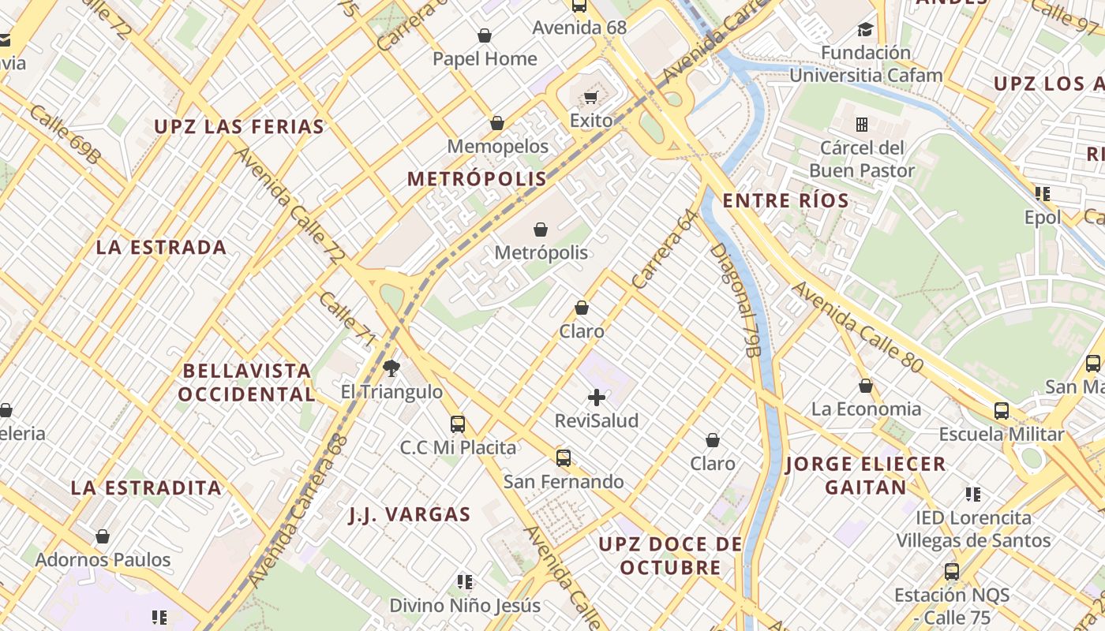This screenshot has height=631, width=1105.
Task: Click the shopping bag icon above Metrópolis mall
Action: tap(541, 230)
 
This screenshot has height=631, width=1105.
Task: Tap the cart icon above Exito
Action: tap(590, 98)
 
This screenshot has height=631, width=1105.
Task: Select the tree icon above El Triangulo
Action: tap(391, 368)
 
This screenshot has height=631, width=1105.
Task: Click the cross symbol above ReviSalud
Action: tap(597, 398)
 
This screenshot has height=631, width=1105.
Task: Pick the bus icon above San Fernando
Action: tap(564, 457)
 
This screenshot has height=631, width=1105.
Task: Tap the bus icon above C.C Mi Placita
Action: tap(458, 424)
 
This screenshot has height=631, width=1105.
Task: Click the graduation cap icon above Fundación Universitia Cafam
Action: tap(866, 30)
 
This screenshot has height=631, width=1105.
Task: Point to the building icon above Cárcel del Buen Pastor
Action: tap(862, 125)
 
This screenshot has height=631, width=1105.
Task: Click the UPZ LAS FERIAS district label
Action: tap(239, 127)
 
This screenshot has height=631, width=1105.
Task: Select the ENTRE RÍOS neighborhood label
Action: tap(786, 200)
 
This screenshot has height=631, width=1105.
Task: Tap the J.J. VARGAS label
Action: tap(410, 515)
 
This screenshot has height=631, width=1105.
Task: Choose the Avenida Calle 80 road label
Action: tap(857, 327)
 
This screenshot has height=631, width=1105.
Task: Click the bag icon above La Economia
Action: tap(866, 386)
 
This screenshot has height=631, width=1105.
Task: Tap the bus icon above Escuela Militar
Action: tap(1001, 411)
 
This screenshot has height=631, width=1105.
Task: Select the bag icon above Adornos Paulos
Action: tap(103, 536)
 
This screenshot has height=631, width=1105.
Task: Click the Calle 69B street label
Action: tap(66, 135)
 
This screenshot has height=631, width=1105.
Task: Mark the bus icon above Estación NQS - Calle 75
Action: tap(952, 571)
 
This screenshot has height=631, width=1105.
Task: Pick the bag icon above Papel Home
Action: tap(485, 35)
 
